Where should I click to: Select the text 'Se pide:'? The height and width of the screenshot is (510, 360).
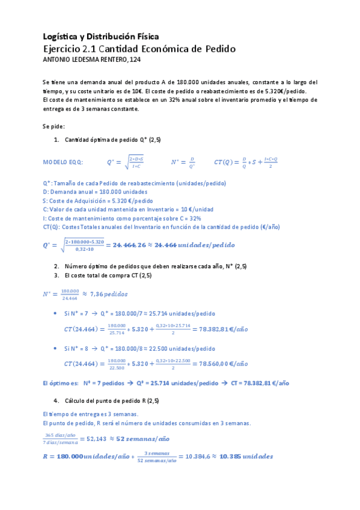point(53,126)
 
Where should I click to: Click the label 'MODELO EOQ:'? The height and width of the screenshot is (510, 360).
point(64,162)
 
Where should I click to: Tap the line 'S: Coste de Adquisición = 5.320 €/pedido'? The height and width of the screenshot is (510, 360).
point(98,200)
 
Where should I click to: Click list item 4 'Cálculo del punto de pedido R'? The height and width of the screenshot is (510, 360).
point(112,401)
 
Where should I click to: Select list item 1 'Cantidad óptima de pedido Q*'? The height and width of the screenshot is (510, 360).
point(112,140)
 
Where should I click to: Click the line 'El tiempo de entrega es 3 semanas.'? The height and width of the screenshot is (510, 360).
point(91,414)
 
